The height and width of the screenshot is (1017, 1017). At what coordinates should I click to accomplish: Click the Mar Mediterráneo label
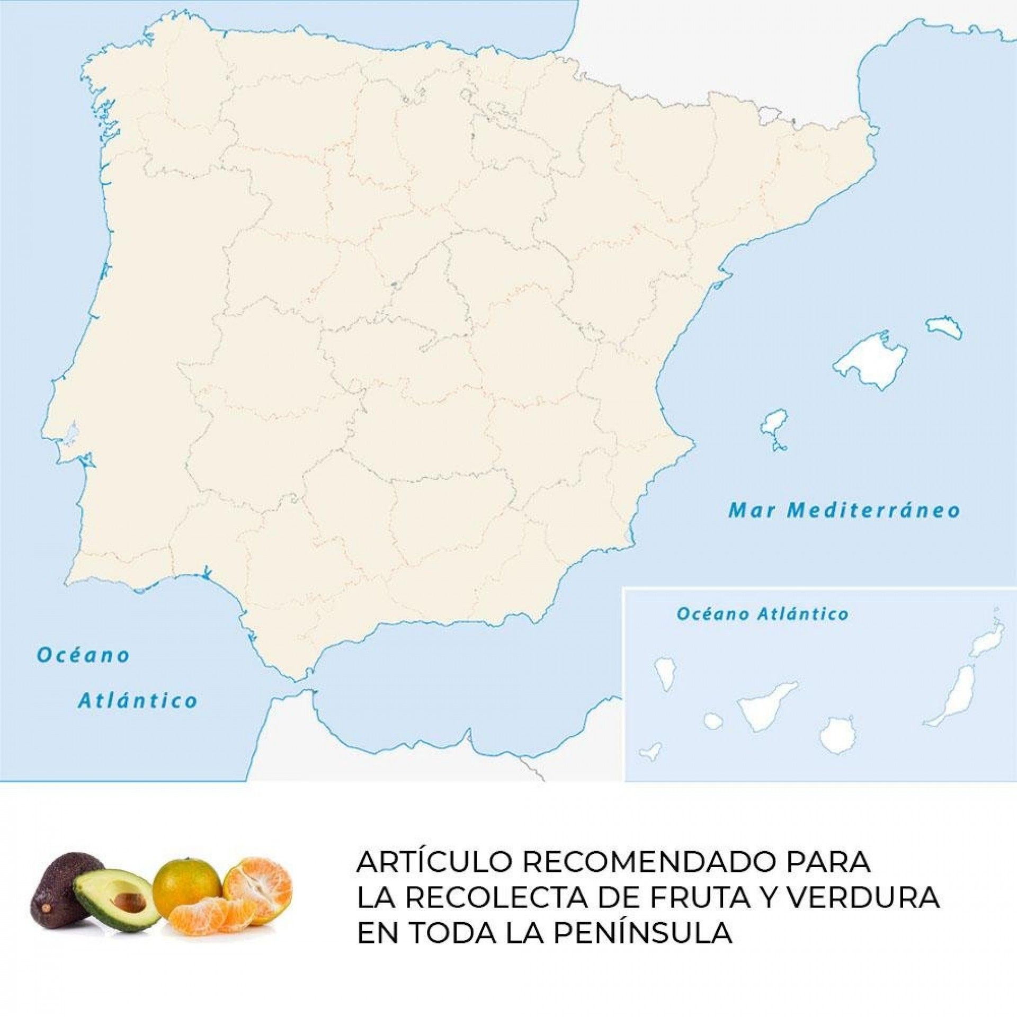[x=844, y=510]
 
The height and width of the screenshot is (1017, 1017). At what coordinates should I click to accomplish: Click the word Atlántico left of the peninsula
[x=138, y=701]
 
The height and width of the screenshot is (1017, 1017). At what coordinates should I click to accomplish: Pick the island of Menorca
[x=944, y=327]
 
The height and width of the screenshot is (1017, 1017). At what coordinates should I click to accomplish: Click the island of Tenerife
[x=763, y=707]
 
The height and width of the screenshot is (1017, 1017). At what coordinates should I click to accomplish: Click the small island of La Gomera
[x=713, y=720]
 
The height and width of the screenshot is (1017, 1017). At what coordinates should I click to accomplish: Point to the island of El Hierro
[x=651, y=751]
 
